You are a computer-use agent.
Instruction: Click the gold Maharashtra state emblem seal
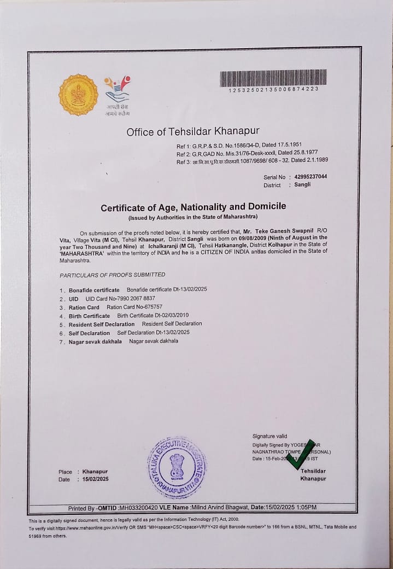(x=78, y=95)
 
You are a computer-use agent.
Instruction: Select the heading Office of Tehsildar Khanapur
(x=193, y=131)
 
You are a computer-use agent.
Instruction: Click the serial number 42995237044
(x=310, y=177)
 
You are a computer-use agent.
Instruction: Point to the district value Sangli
(x=302, y=185)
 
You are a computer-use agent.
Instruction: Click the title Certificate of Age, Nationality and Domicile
(x=193, y=207)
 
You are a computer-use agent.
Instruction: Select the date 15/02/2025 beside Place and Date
(x=96, y=479)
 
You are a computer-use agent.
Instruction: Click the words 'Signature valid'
(x=269, y=436)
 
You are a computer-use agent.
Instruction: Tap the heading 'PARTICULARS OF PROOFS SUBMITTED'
(x=112, y=275)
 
